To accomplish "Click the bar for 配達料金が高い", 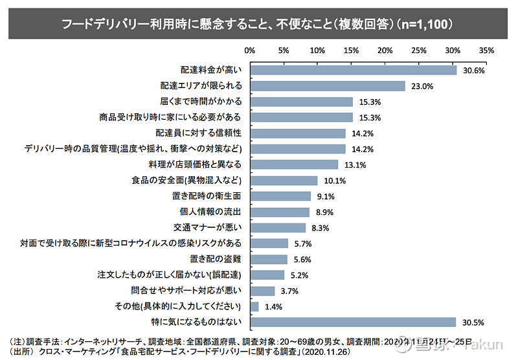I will (353, 70).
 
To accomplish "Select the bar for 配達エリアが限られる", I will (327, 85).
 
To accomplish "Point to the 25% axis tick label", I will (419, 50).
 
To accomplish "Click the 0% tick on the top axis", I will (250, 50).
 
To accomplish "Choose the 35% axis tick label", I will (487, 50).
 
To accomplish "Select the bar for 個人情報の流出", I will (280, 212).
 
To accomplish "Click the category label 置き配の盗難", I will (218, 259).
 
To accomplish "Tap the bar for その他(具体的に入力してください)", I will (254, 306).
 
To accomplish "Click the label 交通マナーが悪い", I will (208, 227).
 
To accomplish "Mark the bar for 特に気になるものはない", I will (353, 322).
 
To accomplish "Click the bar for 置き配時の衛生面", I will (280, 196).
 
